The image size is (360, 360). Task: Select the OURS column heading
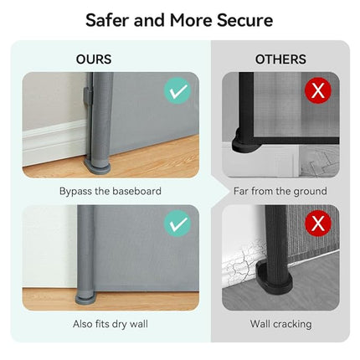click(x=94, y=59)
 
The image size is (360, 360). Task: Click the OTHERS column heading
click(x=280, y=59)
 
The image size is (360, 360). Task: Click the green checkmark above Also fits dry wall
click(x=177, y=224)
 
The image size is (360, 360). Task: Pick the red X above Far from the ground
click(x=318, y=90)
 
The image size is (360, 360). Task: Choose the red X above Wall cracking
click(x=318, y=224)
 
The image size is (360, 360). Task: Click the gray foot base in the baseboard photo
click(x=98, y=168)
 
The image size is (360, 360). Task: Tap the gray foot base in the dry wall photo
click(x=86, y=299)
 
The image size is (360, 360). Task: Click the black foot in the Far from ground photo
click(x=242, y=143)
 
